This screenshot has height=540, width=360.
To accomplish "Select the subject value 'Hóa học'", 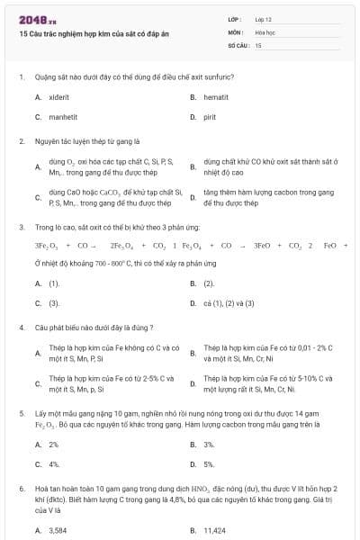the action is point(266,31).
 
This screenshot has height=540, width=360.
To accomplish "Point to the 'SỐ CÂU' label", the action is point(238,44).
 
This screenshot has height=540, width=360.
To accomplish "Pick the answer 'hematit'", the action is point(217,96).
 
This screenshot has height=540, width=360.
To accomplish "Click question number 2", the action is point(21,141).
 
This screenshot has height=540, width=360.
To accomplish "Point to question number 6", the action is point(21,487).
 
